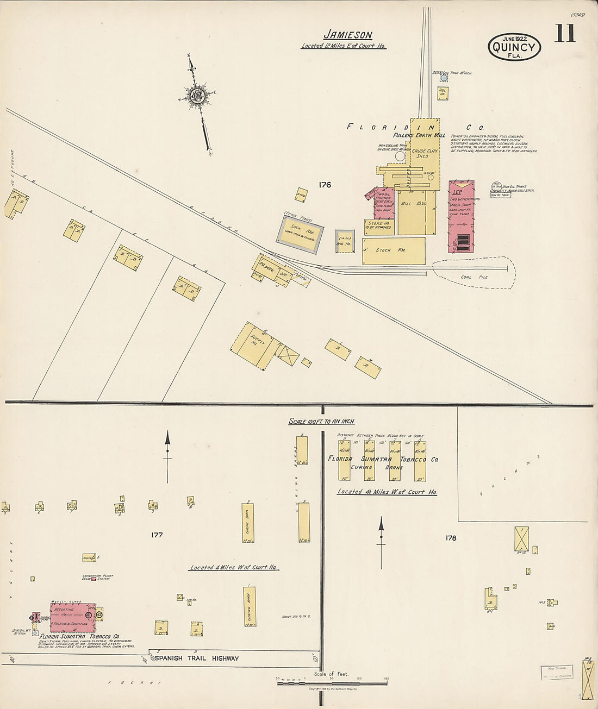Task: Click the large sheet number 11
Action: tap(565, 34)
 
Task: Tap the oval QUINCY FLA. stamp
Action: tap(514, 47)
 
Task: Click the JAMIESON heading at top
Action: tap(348, 35)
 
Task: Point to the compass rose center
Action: tap(196, 96)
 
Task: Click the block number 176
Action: tap(325, 185)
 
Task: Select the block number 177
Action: tap(157, 535)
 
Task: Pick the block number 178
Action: tap(451, 538)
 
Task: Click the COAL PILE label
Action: tap(474, 277)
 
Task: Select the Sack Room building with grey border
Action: tap(300, 234)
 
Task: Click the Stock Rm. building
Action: tap(394, 250)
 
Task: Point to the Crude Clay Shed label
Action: tap(425, 153)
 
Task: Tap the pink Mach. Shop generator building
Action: tap(462, 216)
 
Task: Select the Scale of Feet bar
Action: tap(332, 683)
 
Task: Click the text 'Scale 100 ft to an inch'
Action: tap(321, 422)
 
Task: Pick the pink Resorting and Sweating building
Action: tap(72, 617)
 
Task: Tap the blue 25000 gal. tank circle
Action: tap(443, 78)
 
